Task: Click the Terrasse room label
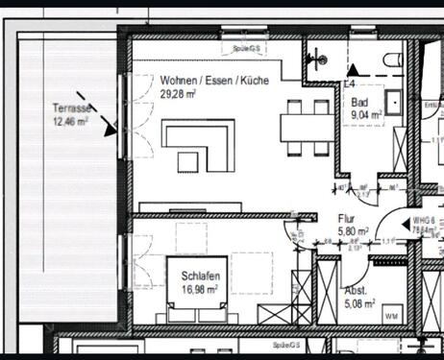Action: pyautogui.click(x=71, y=109)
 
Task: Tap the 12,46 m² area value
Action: pyautogui.click(x=71, y=122)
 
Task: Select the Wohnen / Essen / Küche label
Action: pyautogui.click(x=214, y=82)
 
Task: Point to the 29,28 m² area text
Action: pyautogui.click(x=179, y=94)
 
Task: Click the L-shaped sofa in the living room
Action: pyautogui.click(x=197, y=143)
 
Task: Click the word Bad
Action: pyautogui.click(x=359, y=102)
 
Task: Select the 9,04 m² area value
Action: pyautogui.click(x=366, y=113)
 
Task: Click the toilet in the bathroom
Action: pyautogui.click(x=391, y=60)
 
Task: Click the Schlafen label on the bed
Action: pyautogui.click(x=198, y=276)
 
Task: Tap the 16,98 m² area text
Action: pyautogui.click(x=199, y=287)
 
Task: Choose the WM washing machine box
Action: pyautogui.click(x=391, y=316)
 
